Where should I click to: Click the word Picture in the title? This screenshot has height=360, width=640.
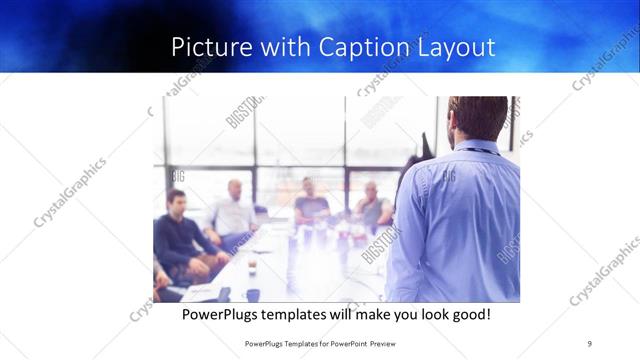click(207, 46)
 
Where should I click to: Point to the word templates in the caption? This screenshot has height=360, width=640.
click(301, 315)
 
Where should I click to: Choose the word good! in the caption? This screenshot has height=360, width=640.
click(470, 315)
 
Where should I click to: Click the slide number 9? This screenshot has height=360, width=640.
click(590, 343)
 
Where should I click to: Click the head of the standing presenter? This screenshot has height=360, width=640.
click(477, 117)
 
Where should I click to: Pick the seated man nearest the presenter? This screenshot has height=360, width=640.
click(372, 205)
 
